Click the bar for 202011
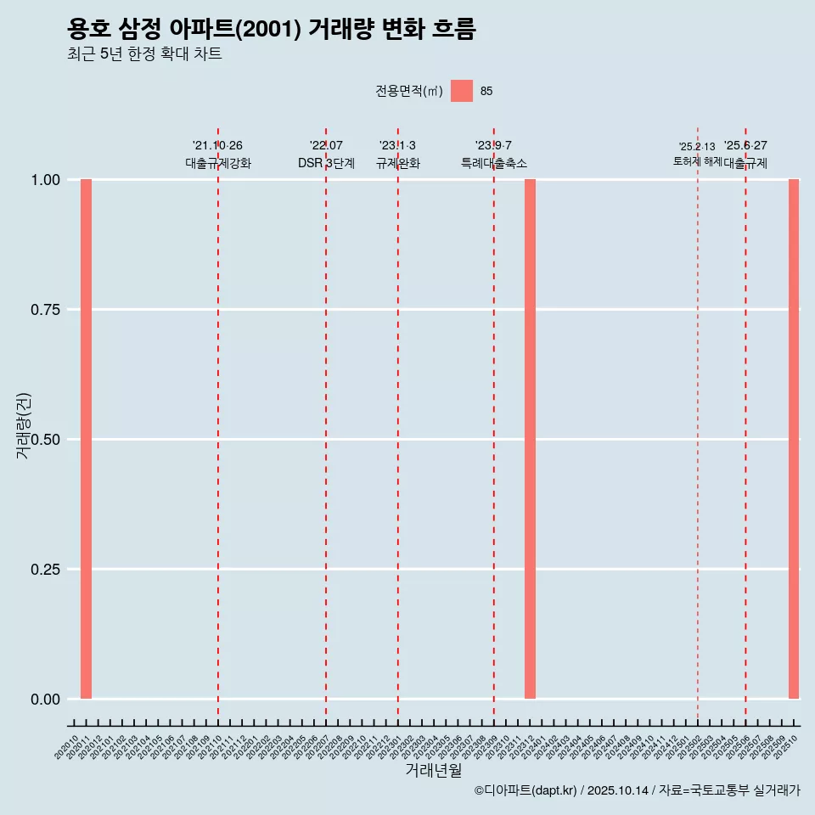(86, 439)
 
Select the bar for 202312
(530, 439)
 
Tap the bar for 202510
(794, 439)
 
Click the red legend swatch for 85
(462, 91)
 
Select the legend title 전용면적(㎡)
(409, 92)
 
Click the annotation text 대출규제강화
(218, 163)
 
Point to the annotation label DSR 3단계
(326, 163)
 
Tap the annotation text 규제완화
(398, 163)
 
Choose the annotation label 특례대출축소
(494, 163)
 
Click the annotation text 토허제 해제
(697, 161)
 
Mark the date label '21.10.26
(218, 146)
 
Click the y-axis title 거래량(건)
(24, 426)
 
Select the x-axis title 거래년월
(434, 771)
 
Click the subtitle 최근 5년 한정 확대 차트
(144, 54)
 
